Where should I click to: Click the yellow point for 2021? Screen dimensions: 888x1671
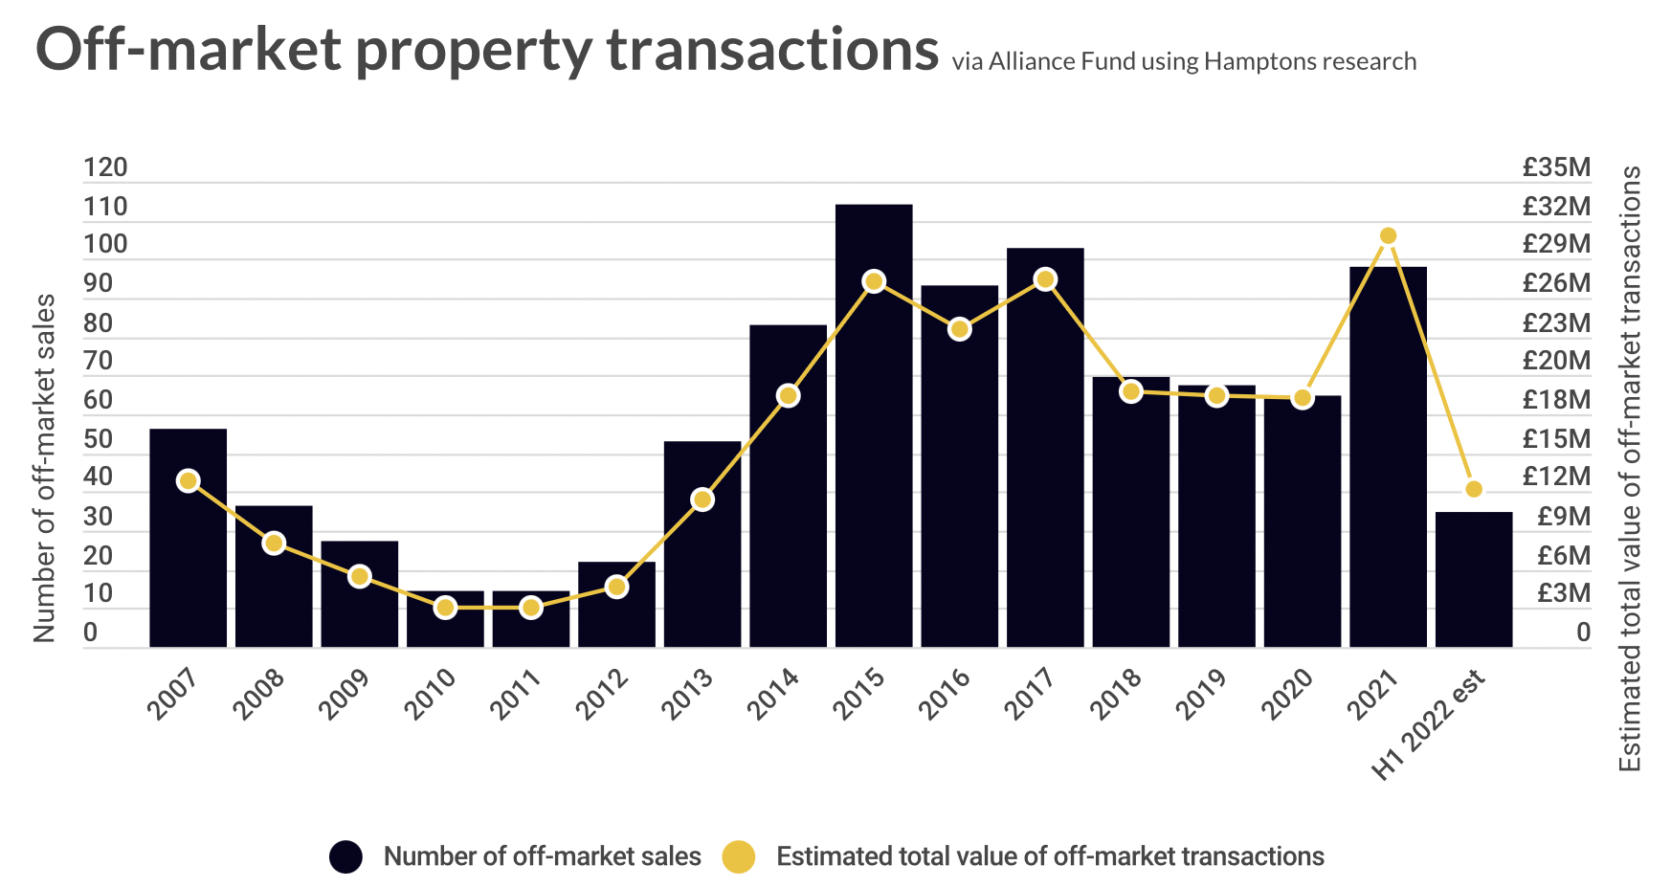[1388, 236]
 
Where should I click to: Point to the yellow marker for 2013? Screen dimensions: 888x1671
[702, 499]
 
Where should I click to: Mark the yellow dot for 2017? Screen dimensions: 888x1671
[1045, 279]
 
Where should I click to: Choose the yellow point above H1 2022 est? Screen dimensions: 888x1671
[1474, 489]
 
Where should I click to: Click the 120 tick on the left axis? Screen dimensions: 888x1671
[105, 168]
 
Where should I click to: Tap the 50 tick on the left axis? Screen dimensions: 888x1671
[99, 439]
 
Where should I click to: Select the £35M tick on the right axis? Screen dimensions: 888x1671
[1556, 168]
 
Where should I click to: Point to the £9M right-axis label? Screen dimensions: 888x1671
[1564, 517]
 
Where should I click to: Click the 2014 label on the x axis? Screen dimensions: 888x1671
[773, 694]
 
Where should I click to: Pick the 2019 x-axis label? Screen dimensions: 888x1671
[1201, 694]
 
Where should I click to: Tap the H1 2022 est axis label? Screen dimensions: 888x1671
[1429, 725]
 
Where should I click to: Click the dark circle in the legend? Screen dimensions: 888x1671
[345, 856]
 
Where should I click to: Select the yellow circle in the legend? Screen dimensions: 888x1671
[738, 856]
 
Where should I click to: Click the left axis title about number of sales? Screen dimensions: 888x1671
[45, 468]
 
